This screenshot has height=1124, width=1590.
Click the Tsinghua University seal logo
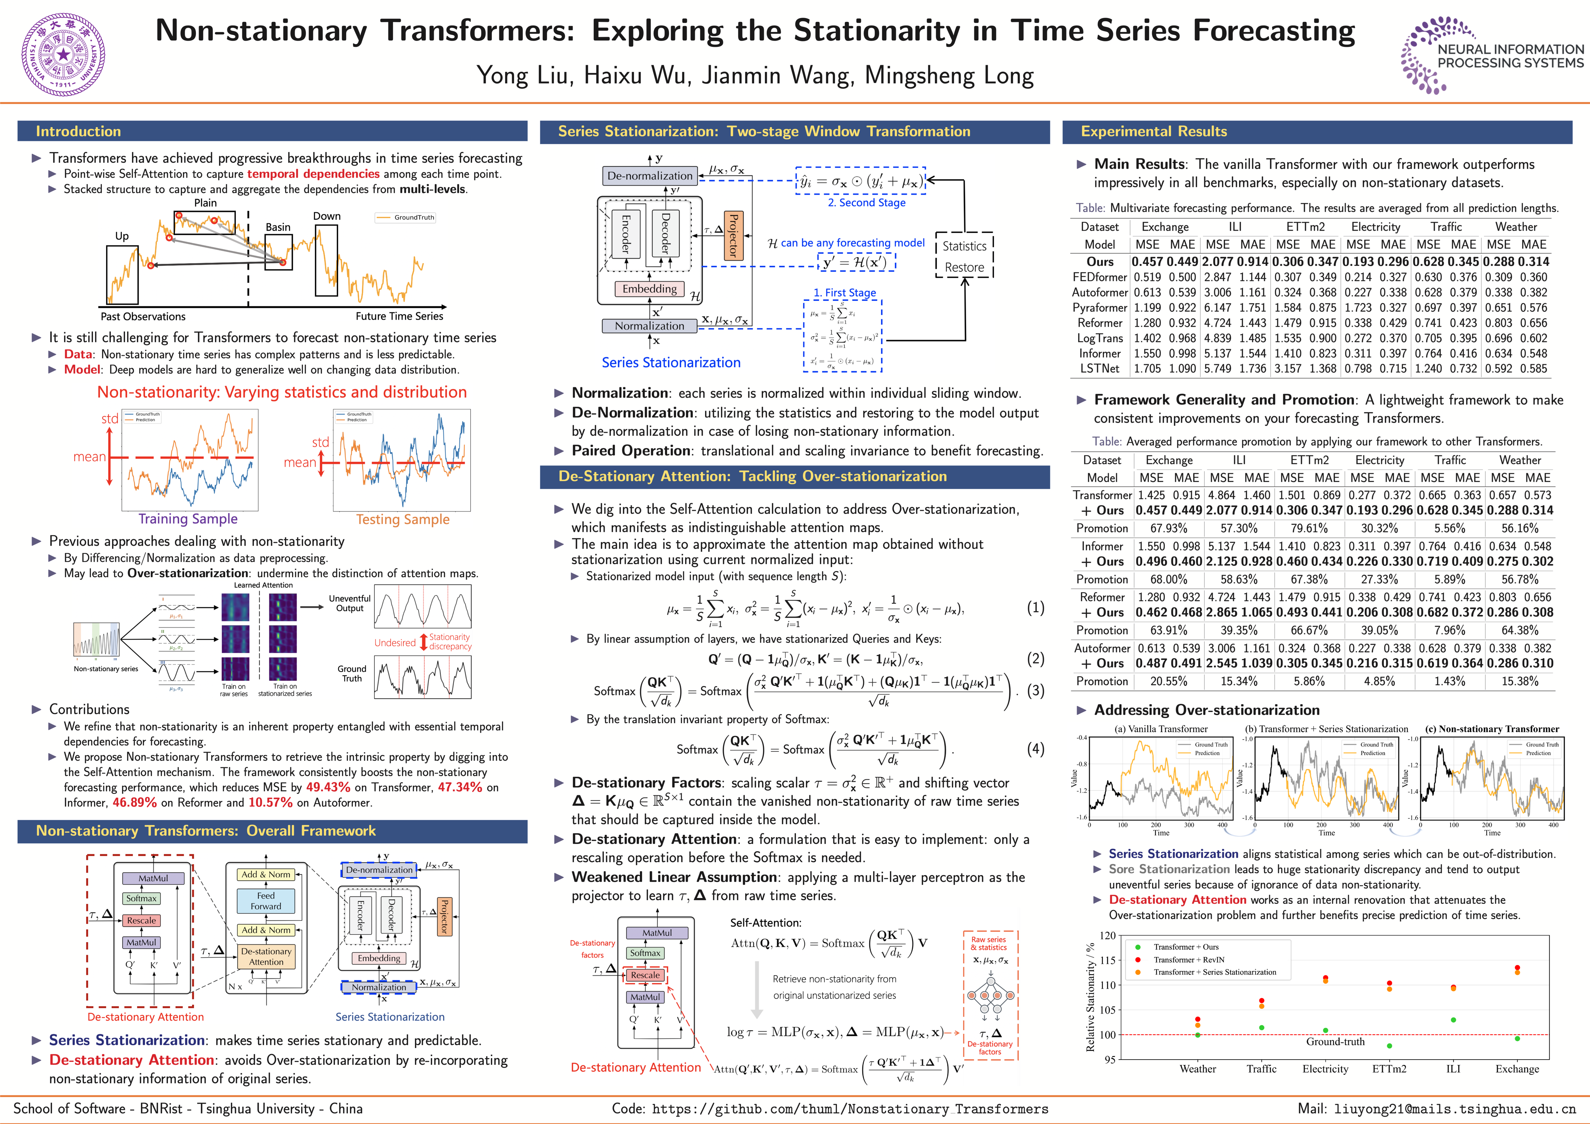64,53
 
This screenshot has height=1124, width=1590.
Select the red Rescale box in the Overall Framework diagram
141,920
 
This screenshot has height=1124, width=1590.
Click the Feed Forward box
266,900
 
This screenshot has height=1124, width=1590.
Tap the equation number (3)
1035,690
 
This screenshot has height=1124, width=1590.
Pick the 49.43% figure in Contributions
328,788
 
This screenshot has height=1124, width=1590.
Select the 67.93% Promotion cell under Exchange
1168,528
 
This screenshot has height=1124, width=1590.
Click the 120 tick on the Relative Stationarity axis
1108,935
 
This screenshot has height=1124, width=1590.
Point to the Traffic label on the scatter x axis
1261,1069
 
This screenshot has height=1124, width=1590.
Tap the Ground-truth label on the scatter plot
1335,1042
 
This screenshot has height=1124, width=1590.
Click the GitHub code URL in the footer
850,1109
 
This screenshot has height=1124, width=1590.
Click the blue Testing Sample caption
402,519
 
